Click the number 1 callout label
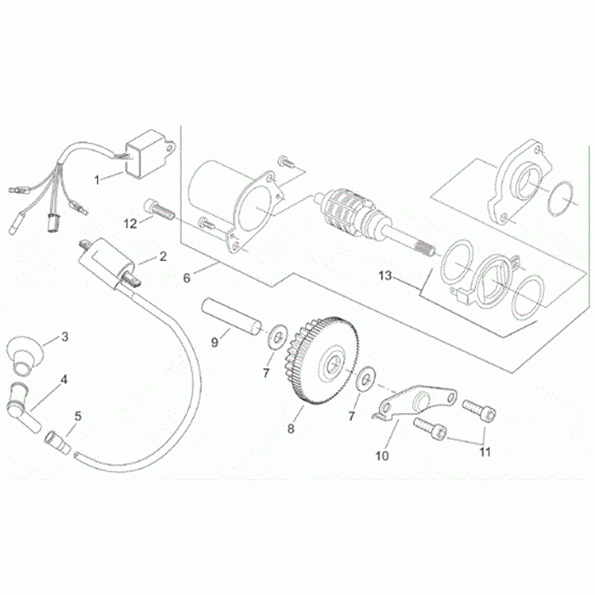point(97,179)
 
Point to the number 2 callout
point(163,256)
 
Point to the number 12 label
point(131,224)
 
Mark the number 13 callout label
point(385,275)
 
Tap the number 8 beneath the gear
point(291,429)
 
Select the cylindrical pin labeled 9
point(230,314)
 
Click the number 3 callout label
point(65,337)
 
